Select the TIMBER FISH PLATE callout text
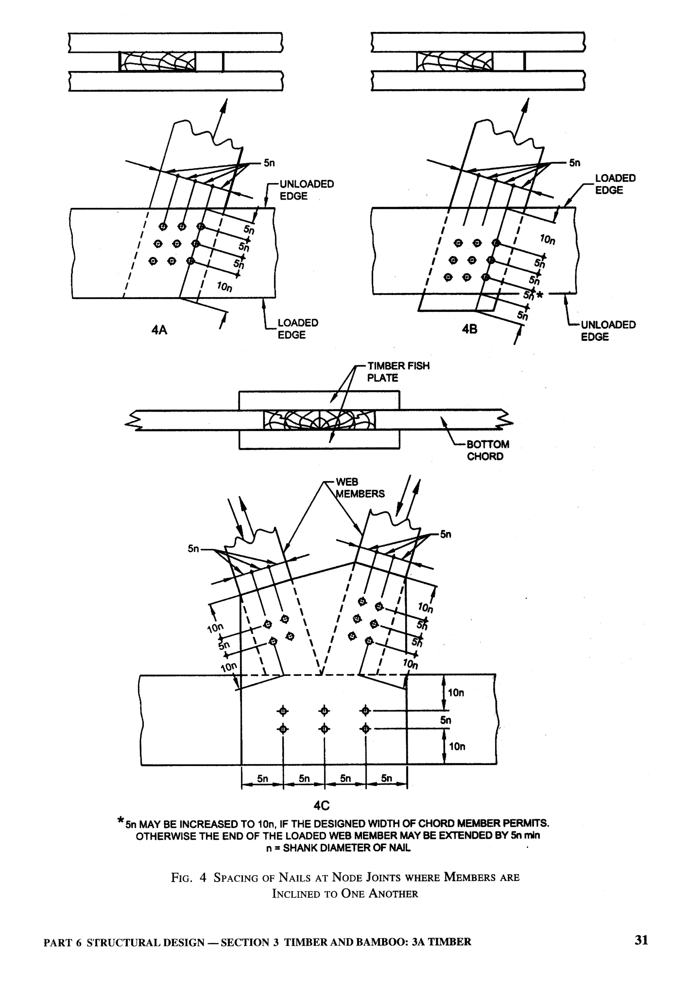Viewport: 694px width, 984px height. coord(398,372)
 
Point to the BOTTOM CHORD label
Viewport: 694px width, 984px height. coord(488,450)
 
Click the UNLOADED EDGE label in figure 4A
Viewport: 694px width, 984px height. coord(306,190)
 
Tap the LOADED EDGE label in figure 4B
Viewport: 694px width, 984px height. coord(615,184)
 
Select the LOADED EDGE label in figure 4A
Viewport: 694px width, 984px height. coord(298,329)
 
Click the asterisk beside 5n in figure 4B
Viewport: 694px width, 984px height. coord(540,295)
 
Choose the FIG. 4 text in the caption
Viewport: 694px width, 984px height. coord(188,878)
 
